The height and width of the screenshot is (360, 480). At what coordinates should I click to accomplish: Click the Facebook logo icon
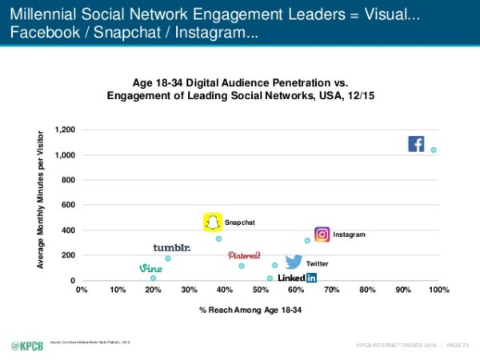(x=416, y=144)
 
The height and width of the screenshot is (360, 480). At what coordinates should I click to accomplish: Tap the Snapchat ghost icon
(x=213, y=222)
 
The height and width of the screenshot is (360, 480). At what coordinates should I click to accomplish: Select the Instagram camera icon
(x=322, y=234)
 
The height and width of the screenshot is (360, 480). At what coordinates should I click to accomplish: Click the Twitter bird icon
(x=294, y=262)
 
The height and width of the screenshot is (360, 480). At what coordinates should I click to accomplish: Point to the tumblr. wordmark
(x=172, y=248)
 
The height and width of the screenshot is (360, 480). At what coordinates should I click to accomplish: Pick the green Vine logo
(x=150, y=268)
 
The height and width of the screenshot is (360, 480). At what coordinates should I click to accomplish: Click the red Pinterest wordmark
(x=244, y=255)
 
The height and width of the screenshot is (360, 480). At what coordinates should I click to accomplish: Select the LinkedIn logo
(x=297, y=278)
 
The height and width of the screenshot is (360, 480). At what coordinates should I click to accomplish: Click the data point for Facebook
(x=434, y=150)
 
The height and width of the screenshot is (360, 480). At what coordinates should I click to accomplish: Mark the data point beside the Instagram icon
(x=307, y=240)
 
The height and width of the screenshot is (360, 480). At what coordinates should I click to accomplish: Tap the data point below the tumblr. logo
(x=168, y=258)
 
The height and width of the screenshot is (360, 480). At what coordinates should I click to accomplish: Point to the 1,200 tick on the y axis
(x=65, y=130)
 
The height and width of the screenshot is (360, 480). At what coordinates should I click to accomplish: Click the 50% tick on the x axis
(x=261, y=290)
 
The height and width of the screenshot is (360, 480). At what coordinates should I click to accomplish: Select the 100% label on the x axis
(x=438, y=290)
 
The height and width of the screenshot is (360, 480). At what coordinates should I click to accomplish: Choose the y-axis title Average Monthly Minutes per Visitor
(x=41, y=203)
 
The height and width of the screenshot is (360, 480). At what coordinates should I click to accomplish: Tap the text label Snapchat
(x=240, y=222)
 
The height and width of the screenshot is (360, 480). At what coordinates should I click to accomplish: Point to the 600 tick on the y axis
(x=68, y=205)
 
